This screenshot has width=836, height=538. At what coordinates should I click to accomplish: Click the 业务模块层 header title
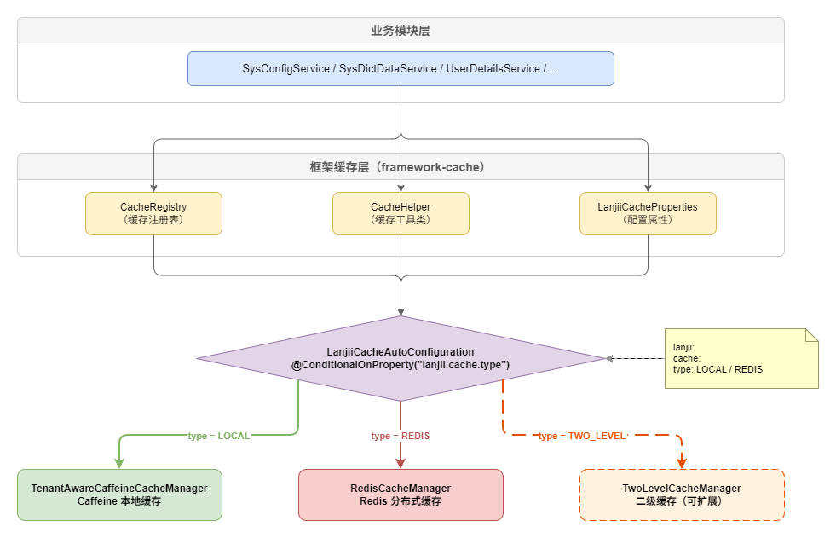tap(400, 31)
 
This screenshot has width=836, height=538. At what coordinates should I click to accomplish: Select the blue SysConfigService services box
tap(401, 68)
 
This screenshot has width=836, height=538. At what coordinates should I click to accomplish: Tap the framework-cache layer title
tap(400, 167)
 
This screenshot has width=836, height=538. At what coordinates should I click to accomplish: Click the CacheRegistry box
tap(153, 213)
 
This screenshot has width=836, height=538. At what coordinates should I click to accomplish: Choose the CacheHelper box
tap(401, 213)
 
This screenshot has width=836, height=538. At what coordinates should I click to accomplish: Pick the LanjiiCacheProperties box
tap(649, 213)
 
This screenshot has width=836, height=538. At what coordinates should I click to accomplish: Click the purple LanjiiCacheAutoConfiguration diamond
tap(401, 358)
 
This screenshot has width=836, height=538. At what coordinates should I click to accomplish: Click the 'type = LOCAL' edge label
tap(219, 436)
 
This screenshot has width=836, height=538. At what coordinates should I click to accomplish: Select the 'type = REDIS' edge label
tap(401, 436)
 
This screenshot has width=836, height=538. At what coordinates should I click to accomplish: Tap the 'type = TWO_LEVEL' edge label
tap(582, 436)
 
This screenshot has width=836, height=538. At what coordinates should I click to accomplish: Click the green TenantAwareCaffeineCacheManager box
tap(119, 495)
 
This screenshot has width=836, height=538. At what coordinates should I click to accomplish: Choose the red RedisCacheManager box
tap(401, 495)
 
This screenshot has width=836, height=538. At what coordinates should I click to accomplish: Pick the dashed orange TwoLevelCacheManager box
tap(682, 495)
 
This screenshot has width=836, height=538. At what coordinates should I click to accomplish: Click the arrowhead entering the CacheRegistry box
tap(153, 188)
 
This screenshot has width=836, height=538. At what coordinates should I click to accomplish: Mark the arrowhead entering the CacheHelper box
tap(401, 188)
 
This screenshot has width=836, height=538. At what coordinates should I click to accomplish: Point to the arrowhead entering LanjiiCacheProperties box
tap(649, 188)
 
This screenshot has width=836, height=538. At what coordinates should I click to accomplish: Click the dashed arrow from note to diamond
tap(635, 358)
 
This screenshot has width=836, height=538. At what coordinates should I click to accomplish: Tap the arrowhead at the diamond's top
tap(401, 311)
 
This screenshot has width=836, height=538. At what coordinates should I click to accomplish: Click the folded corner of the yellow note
tap(811, 335)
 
